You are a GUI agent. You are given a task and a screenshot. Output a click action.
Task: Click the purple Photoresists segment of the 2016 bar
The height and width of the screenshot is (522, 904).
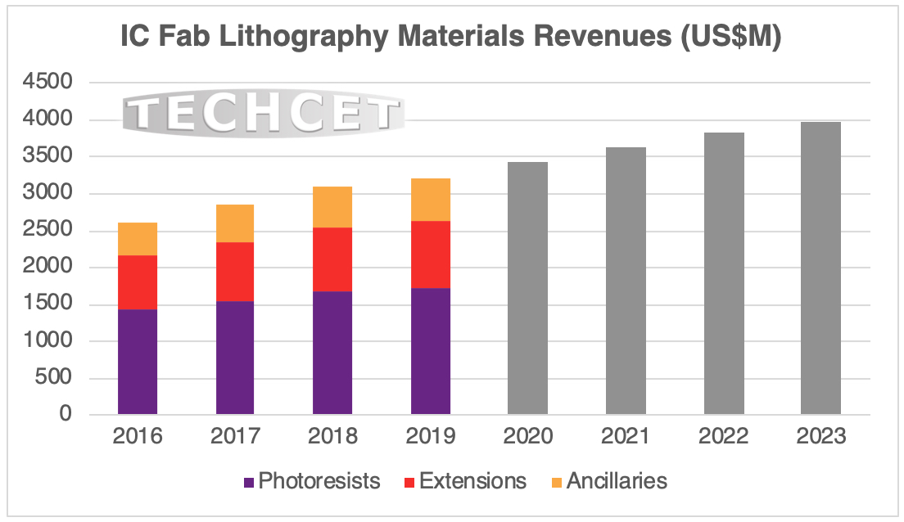pyautogui.click(x=138, y=362)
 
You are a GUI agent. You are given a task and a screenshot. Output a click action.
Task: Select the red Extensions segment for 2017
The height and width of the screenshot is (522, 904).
pyautogui.click(x=235, y=272)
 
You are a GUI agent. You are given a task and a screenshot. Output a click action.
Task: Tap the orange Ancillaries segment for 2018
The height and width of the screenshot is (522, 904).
pyautogui.click(x=332, y=207)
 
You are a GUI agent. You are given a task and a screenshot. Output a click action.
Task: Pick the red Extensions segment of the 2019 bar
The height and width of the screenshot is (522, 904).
pyautogui.click(x=431, y=254)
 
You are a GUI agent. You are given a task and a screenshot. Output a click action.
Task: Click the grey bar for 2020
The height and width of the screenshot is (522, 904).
pyautogui.click(x=528, y=288)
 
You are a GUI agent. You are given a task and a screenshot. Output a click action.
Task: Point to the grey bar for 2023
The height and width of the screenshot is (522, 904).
pyautogui.click(x=820, y=268)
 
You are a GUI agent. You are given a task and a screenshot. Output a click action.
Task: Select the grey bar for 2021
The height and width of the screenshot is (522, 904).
pyautogui.click(x=626, y=281)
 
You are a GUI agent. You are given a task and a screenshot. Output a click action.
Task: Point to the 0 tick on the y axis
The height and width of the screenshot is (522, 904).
pyautogui.click(x=66, y=415)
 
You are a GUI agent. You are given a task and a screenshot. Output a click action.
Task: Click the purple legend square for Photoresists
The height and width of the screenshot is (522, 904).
pyautogui.click(x=247, y=482)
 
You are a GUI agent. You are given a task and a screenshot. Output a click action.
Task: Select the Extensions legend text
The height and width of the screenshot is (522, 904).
pyautogui.click(x=472, y=481)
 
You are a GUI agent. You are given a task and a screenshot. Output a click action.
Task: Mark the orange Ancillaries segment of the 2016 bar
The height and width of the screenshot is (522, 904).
pyautogui.click(x=138, y=239)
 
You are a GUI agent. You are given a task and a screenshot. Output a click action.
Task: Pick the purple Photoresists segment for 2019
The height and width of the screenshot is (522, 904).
pyautogui.click(x=431, y=351)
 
